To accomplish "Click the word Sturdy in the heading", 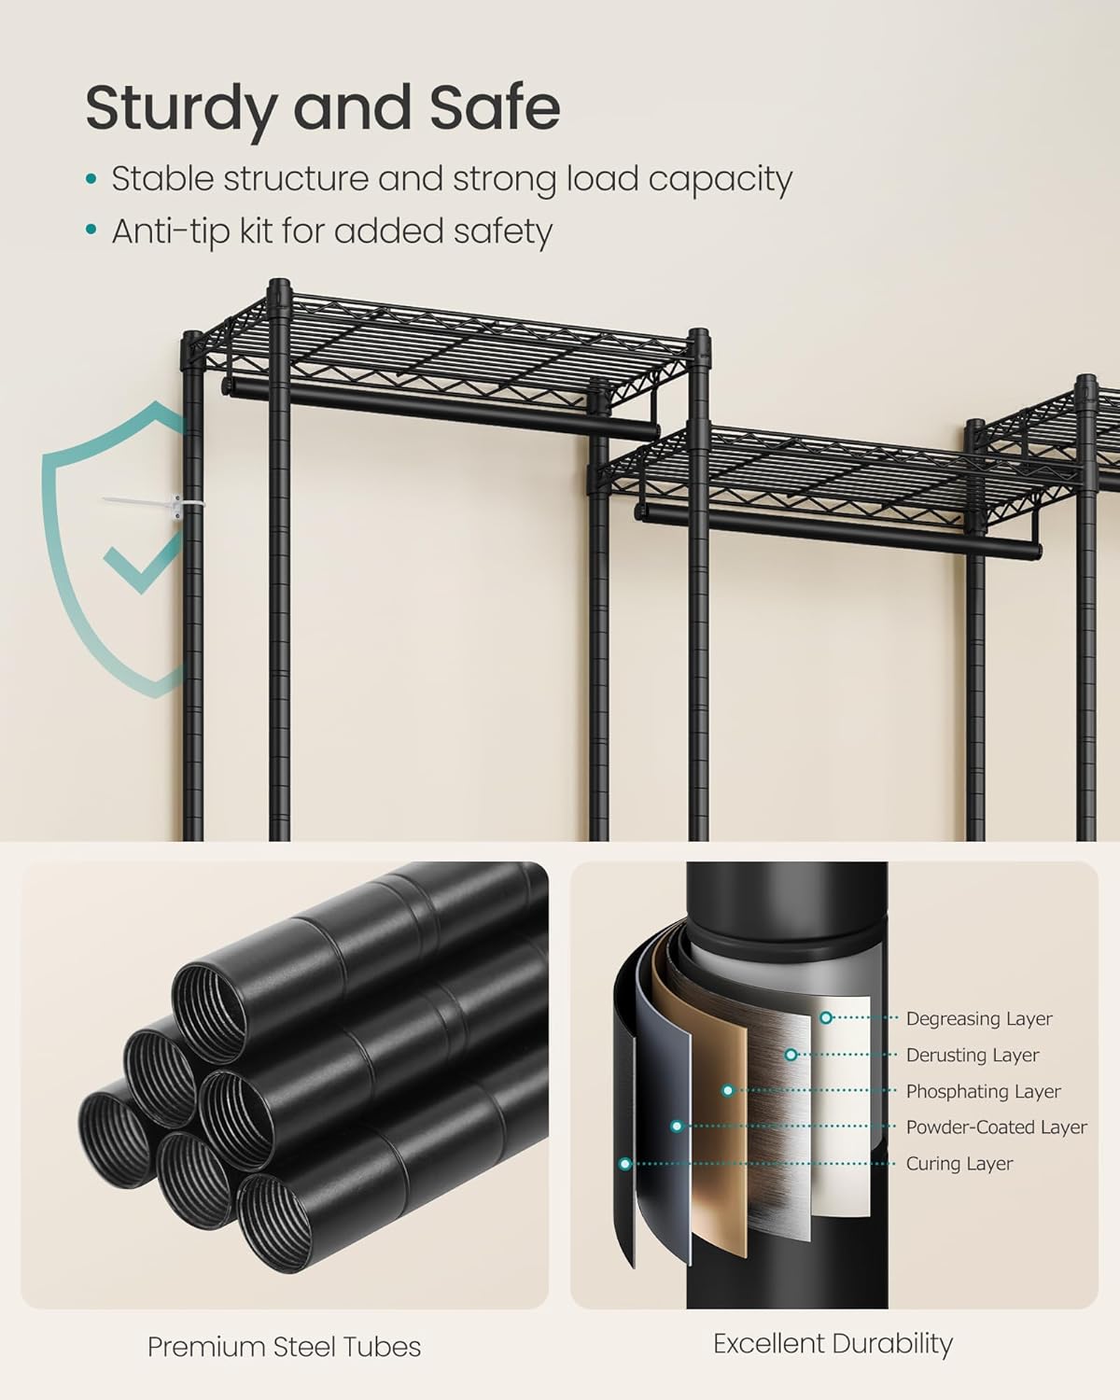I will point(179,108).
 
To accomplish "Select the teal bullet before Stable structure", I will point(91,179).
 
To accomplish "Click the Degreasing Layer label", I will point(978,1018).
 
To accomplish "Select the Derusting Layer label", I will point(972,1055).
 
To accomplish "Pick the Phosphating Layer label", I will point(983,1091).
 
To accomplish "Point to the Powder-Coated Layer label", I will point(996,1127).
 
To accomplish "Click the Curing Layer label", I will point(959,1164).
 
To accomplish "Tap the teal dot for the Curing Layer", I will point(625,1164).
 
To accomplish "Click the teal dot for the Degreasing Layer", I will point(826,1017).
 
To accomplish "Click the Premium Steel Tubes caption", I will point(284,1346).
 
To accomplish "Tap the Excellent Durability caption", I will point(833,1343).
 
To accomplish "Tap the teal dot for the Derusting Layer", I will point(791,1055).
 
